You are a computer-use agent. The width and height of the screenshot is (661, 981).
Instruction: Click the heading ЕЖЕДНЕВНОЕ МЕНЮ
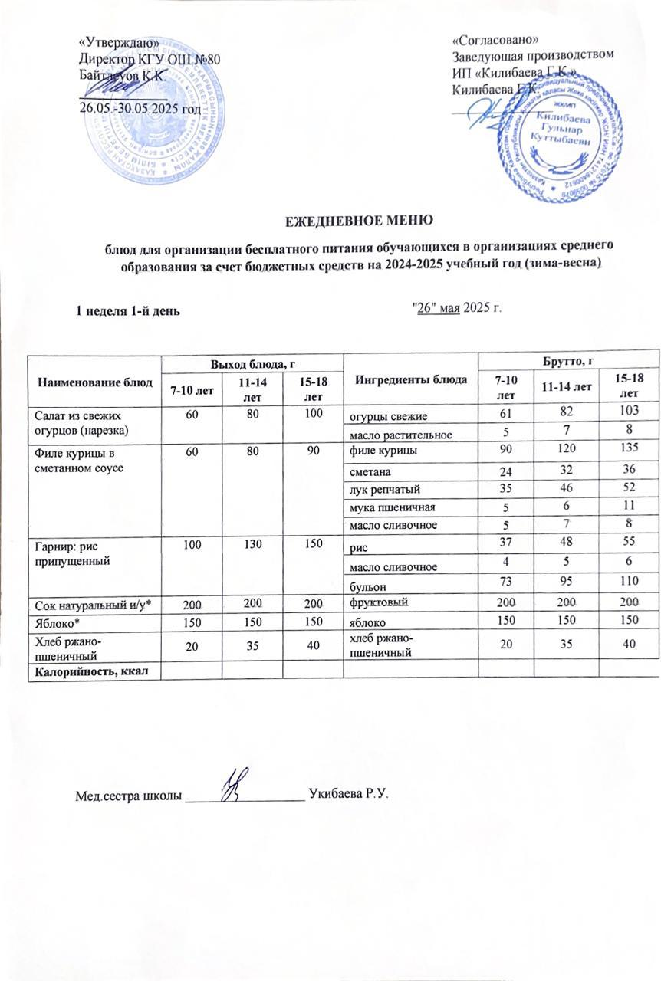pos(360,221)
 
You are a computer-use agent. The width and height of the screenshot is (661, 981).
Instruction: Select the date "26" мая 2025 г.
pos(456,308)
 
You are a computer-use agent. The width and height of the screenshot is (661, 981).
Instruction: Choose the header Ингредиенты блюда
pos(412,380)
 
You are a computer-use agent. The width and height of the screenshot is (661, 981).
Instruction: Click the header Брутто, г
pos(569,360)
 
